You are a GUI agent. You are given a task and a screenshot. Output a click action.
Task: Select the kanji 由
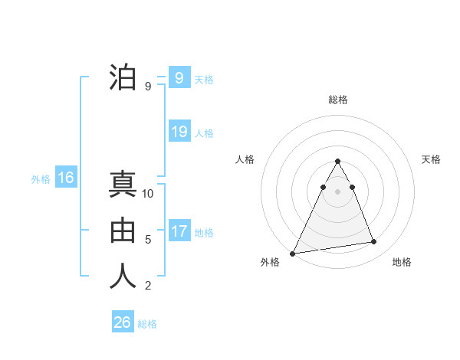coord(123,231)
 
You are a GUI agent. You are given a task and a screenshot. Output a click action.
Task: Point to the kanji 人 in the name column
coord(123,277)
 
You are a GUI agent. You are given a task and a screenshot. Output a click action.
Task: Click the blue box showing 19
coord(179,132)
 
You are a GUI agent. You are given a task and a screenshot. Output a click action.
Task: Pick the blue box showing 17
coord(179,231)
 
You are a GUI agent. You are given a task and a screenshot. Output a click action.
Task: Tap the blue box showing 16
coord(66,178)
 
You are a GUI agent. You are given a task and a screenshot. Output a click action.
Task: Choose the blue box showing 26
coord(123,322)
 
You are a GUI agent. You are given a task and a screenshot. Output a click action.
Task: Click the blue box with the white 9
coord(179,77)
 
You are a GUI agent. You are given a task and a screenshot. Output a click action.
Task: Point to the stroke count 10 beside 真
coord(148,194)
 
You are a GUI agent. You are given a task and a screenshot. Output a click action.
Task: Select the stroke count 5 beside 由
coord(148,240)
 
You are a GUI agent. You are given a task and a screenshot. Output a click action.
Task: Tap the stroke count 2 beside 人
coord(148,286)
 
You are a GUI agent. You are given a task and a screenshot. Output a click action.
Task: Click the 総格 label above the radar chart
coord(338,100)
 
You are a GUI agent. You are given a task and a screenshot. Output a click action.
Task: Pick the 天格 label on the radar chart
coord(432,159)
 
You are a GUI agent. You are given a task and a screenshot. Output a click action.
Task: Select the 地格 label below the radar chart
coord(402,263)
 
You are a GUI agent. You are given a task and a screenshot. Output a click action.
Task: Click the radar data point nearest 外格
coord(293,253)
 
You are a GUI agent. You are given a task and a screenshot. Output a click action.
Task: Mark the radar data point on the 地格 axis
coord(374,242)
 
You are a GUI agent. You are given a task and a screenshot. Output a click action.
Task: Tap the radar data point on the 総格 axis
coord(338,161)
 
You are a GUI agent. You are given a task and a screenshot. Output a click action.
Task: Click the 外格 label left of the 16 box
coord(41,179)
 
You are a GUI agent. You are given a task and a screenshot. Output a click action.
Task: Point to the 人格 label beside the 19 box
coord(204,133)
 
